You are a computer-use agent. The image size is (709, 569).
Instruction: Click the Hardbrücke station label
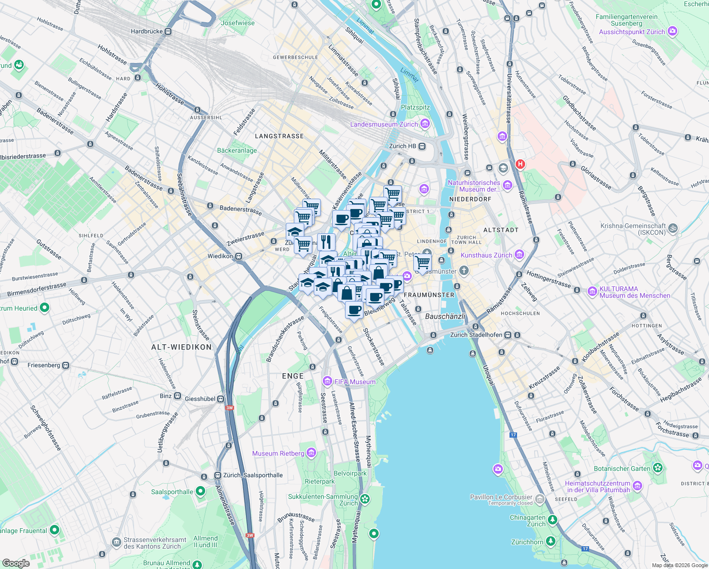(x=146, y=31)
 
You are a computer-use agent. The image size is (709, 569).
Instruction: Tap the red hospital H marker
(x=520, y=164)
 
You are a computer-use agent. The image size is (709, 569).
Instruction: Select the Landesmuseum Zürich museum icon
(x=425, y=124)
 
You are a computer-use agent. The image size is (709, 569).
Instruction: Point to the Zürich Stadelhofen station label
(x=476, y=335)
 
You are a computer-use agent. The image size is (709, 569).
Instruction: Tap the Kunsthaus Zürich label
(x=486, y=255)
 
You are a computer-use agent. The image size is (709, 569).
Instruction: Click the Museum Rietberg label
(x=278, y=453)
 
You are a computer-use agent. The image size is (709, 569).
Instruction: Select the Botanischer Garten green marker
(x=657, y=468)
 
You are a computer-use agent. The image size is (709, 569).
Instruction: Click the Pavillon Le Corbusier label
(x=501, y=497)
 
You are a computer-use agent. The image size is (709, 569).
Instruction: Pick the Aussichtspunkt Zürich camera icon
(x=672, y=32)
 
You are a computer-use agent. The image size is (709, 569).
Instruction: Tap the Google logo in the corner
(x=16, y=563)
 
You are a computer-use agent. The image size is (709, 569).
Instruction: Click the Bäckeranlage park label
(x=237, y=150)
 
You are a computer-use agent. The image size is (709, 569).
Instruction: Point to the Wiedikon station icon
(x=239, y=256)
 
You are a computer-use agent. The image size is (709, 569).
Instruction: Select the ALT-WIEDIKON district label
(x=181, y=347)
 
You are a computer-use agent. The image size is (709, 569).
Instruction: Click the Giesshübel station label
(x=200, y=399)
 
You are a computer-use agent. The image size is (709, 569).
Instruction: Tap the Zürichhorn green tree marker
(x=550, y=541)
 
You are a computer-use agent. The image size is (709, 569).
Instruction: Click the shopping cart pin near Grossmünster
(x=422, y=262)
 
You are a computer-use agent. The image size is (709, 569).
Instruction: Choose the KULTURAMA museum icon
(x=592, y=291)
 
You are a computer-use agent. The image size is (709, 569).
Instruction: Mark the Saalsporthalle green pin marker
(x=200, y=492)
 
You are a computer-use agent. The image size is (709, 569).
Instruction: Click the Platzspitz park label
(x=415, y=107)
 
